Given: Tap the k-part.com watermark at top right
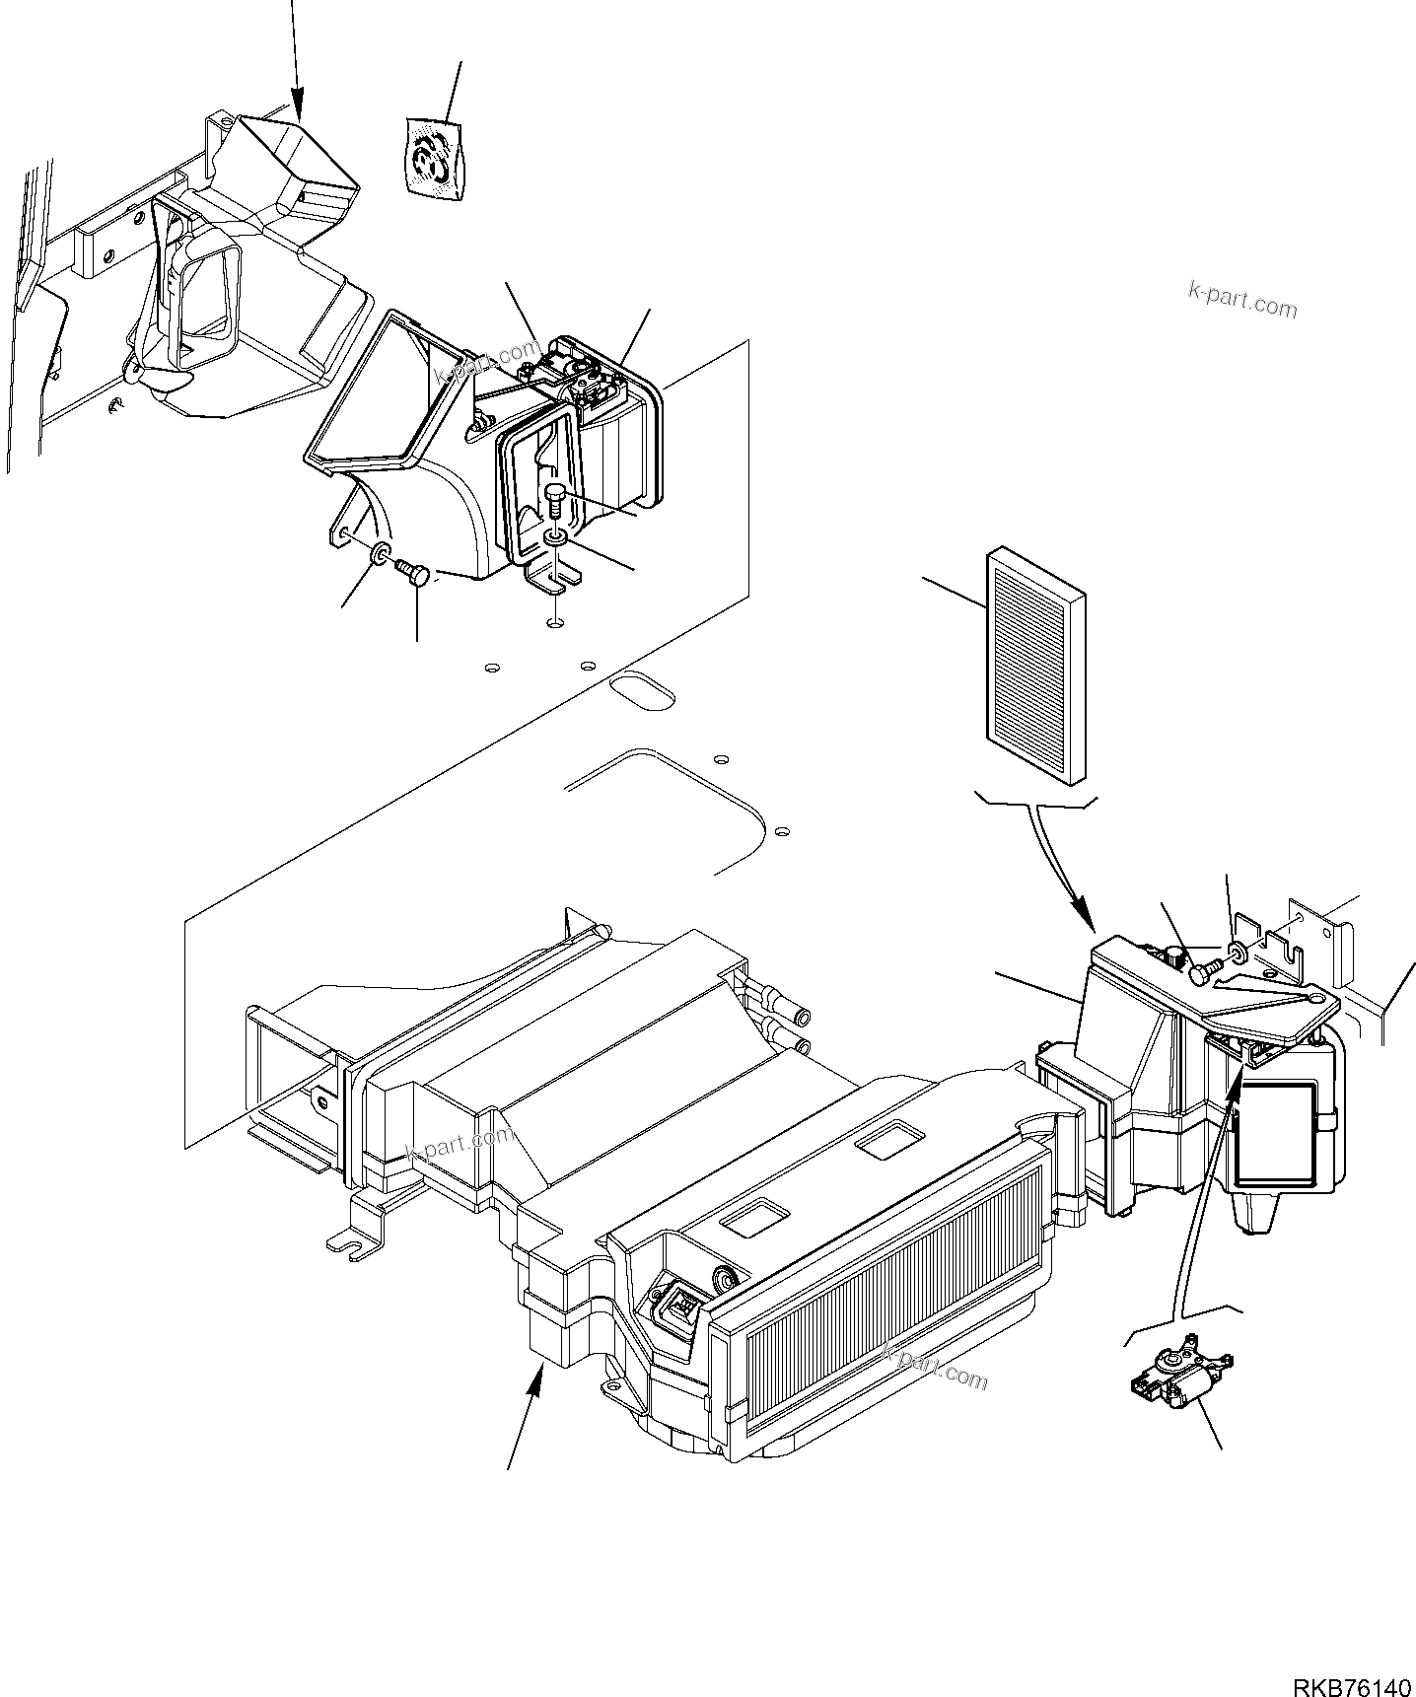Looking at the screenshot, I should pyautogui.click(x=1242, y=299).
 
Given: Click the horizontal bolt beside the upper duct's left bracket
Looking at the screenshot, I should pyautogui.click(x=409, y=572).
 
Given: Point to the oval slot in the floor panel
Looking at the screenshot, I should pyautogui.click(x=642, y=689).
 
